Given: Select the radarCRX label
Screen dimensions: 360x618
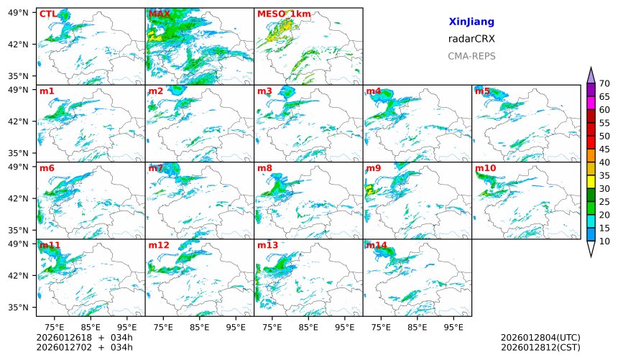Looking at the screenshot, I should (471, 39).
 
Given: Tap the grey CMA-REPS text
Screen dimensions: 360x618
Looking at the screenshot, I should (471, 56).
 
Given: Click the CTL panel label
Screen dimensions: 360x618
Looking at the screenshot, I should (47, 14).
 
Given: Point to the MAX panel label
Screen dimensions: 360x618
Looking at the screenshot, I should (159, 14).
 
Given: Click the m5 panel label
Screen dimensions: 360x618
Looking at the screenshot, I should (482, 91).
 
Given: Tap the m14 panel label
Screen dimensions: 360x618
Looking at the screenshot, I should (376, 246).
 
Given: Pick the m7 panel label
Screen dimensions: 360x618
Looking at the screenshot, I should (156, 168).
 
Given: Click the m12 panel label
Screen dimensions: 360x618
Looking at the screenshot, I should (159, 246).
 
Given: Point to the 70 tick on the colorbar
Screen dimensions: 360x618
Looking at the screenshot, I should (604, 84).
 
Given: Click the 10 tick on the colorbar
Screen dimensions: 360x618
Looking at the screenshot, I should (604, 241).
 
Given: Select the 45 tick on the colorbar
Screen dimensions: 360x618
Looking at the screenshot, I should (604, 149).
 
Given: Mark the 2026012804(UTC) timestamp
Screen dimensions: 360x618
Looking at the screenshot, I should (540, 338).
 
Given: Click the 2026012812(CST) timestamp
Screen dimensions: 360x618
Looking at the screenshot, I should (540, 348).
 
